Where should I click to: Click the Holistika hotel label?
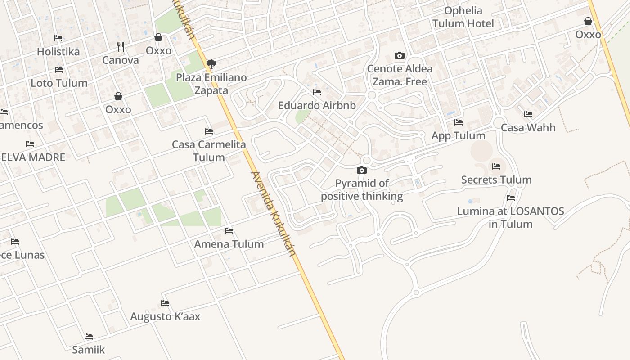[x=58, y=52]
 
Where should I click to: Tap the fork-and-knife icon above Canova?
[x=120, y=46]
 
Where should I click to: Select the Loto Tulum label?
[x=59, y=83]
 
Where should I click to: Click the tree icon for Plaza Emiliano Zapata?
[x=211, y=64]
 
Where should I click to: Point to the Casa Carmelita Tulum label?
[x=209, y=151]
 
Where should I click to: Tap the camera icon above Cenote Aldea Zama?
[x=399, y=56]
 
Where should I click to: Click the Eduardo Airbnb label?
[x=317, y=106]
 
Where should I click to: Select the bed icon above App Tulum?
[x=459, y=122]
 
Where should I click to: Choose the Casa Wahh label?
[x=528, y=128]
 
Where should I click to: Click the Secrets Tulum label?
[x=496, y=180]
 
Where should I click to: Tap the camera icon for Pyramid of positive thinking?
[x=361, y=170]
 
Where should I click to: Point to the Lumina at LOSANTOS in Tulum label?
[x=510, y=217]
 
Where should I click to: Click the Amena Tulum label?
[x=229, y=244]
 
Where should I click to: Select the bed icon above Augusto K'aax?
[x=165, y=303]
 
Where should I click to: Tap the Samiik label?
[x=89, y=350]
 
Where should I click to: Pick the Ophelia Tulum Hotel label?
[x=463, y=17]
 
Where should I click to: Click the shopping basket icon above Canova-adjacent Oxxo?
[x=158, y=37]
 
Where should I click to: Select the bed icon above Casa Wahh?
[x=528, y=114]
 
